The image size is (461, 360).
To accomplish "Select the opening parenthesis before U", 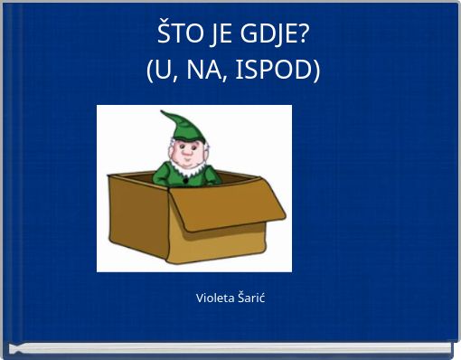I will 151,70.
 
